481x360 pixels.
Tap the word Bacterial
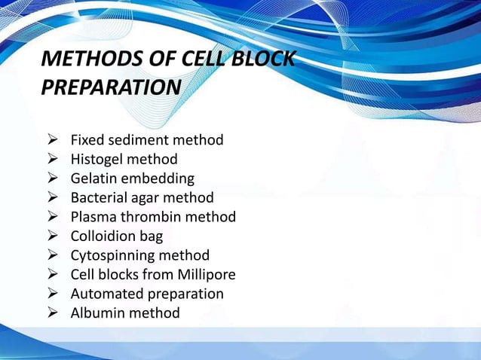(x=101, y=197)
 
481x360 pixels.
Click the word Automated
(x=105, y=294)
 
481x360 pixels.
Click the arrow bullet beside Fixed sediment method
(x=53, y=140)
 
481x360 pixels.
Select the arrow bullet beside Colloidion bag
(x=53, y=236)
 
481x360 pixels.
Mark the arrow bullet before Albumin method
(x=53, y=313)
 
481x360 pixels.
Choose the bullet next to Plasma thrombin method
(x=53, y=217)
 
